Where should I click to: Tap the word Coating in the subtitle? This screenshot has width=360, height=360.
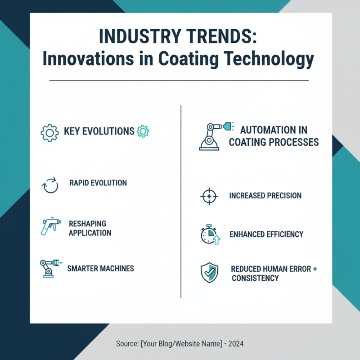tap(188, 59)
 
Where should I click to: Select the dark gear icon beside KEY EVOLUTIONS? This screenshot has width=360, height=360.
tap(49, 133)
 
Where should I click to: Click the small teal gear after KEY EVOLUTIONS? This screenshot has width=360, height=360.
tap(143, 131)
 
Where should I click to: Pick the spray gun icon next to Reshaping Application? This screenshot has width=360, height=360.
tap(51, 226)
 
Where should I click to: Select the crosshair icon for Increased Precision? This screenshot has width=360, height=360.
tap(209, 196)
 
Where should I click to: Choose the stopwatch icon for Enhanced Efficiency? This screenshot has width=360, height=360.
tap(210, 234)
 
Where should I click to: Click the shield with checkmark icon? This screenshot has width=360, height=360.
tap(209, 273)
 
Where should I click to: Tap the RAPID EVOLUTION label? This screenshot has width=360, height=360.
tap(98, 183)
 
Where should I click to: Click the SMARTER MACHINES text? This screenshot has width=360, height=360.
tap(100, 268)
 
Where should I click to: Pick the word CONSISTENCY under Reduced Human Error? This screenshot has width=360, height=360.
tap(255, 278)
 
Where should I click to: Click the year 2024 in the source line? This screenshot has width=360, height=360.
tap(236, 344)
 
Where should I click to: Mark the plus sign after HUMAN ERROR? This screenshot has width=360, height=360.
tap(315, 269)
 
